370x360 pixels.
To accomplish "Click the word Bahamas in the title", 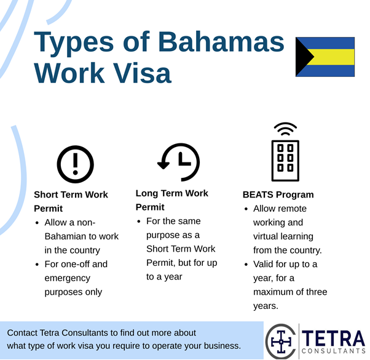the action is click(221, 42).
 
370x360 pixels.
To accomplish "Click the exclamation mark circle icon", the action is click(75, 164).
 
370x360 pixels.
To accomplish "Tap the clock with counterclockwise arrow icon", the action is click(179, 162).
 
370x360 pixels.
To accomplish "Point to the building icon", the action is click(285, 161).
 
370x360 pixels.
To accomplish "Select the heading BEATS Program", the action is click(278, 194).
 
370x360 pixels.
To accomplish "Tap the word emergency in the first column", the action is click(67, 278).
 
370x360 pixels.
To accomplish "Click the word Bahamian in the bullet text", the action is click(65, 236).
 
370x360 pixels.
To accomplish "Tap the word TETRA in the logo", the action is click(333, 338).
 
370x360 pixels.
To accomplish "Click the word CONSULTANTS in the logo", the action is click(333, 351).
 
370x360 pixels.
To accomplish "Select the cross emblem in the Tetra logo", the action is click(281, 342).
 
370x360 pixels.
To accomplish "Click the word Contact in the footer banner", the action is click(22, 332).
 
